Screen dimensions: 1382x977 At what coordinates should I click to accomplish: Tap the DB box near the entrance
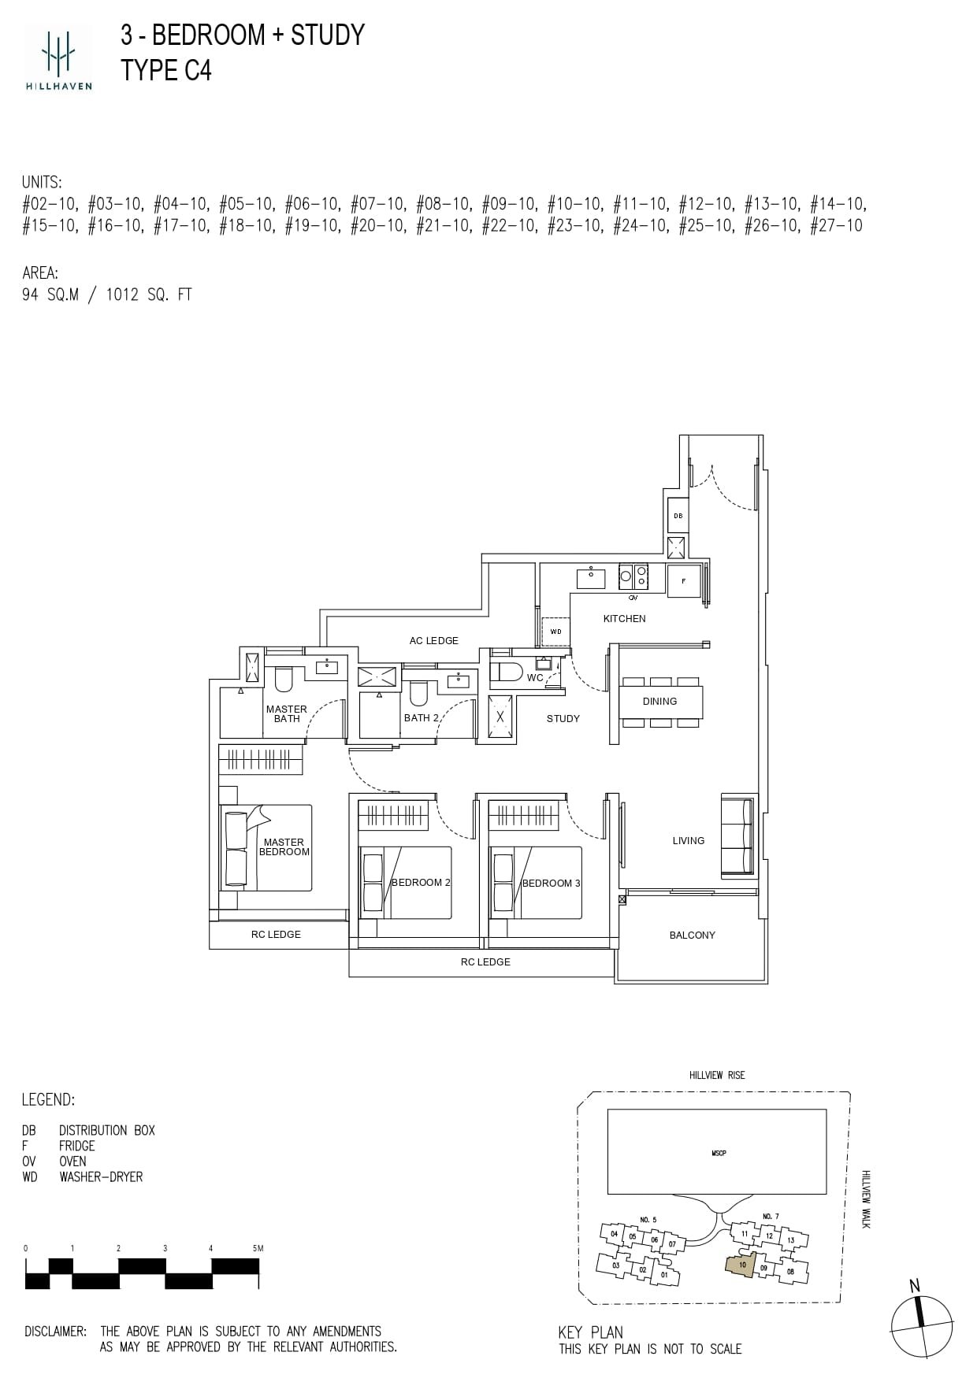[678, 516]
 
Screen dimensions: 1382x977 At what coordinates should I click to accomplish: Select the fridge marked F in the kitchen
[684, 580]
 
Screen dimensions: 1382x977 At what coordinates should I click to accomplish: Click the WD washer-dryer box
[555, 632]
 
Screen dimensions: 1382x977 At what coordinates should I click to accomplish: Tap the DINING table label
[659, 701]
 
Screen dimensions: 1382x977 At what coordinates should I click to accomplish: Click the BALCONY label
[692, 935]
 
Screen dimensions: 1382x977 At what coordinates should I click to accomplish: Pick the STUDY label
[563, 718]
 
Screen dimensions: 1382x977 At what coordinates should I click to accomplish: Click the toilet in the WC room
[505, 672]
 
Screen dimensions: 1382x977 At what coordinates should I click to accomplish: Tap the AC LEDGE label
[433, 640]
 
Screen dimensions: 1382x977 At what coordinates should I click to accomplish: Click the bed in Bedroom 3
[536, 882]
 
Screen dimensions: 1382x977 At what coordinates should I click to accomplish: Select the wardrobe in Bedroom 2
[393, 815]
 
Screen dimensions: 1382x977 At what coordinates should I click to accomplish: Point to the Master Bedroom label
[284, 847]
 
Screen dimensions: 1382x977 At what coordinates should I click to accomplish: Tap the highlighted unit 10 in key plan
[741, 1265]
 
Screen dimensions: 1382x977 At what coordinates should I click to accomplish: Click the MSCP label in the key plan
[718, 1153]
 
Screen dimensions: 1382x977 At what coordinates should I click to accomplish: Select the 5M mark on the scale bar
[257, 1248]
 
